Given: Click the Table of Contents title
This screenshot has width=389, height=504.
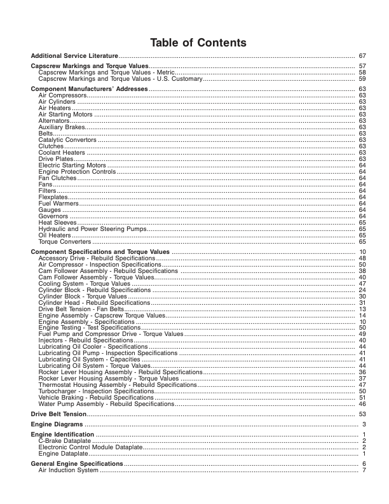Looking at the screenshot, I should coord(198,43).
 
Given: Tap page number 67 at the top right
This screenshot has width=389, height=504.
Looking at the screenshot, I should coord(362,57).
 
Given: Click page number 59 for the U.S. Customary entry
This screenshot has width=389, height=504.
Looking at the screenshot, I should coord(362,79).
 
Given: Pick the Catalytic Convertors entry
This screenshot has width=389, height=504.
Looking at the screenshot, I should coord(67,140).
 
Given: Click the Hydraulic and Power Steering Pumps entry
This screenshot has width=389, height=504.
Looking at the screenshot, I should coord(92,228).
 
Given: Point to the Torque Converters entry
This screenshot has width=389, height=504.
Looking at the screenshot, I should coord(65,241).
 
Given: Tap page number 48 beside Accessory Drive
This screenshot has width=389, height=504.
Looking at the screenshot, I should coord(362,258).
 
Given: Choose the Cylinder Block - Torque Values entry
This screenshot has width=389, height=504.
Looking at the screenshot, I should coord(83,296).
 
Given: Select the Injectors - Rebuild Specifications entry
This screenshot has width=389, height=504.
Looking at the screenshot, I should coord(86,340).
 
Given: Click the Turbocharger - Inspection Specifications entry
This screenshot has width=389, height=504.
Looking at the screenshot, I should coord(96,391).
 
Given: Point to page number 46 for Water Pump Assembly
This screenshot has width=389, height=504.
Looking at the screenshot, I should coord(362,403).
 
